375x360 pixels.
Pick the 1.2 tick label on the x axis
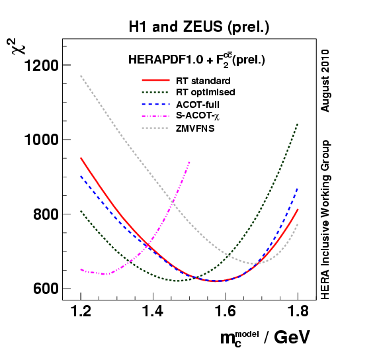pos(81,310)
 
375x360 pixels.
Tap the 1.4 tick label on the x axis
pos(153,310)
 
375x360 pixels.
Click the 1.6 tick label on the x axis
pos(226,310)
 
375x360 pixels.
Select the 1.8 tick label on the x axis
pos(298,310)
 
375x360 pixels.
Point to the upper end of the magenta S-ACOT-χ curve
pos(189,161)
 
